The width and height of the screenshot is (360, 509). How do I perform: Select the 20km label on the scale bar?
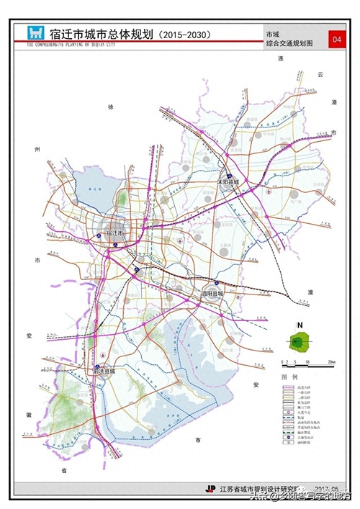point(330,361)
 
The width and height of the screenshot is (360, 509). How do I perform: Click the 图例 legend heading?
point(289,377)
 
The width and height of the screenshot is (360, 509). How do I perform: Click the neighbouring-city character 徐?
point(111,107)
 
